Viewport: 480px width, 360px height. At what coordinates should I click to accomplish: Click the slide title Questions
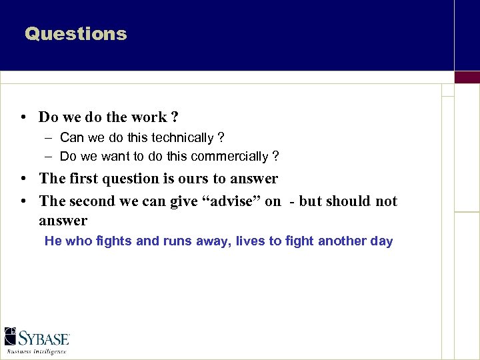point(75,34)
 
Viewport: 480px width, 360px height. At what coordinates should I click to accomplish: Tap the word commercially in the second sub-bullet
point(231,157)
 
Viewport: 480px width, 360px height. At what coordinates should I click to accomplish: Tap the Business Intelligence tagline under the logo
point(37,351)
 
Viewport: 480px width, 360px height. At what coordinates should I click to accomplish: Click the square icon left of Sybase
point(11,337)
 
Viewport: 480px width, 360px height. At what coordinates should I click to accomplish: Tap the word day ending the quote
point(382,241)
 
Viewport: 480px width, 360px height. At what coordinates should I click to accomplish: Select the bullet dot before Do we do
point(23,117)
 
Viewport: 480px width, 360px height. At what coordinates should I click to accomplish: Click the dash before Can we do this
point(49,138)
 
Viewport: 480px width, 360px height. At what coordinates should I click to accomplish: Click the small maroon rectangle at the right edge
point(467,77)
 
